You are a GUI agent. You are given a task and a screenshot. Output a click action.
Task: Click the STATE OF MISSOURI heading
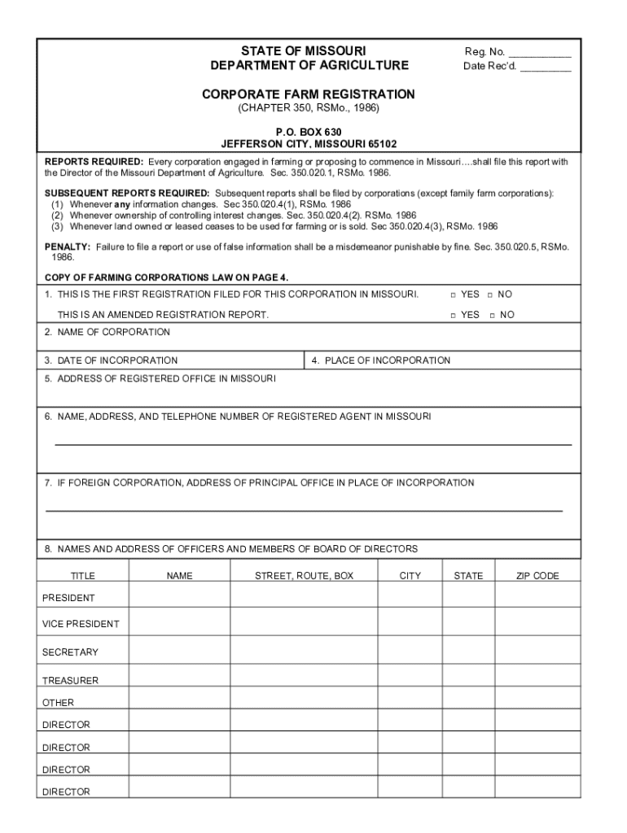(x=309, y=51)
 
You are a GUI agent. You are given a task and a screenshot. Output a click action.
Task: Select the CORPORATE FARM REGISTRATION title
(x=309, y=94)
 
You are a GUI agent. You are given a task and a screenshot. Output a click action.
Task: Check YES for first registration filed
(x=454, y=294)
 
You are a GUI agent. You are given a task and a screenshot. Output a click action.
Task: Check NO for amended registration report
(x=492, y=315)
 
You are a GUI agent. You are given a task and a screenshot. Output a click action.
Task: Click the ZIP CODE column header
(x=537, y=576)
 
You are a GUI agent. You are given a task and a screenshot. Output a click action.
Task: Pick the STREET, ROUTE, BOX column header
(x=304, y=576)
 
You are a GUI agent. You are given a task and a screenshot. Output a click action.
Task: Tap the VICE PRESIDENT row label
(x=81, y=624)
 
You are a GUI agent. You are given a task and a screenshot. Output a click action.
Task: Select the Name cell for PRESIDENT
(x=179, y=598)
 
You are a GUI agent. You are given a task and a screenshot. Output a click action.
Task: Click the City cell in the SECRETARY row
(x=410, y=652)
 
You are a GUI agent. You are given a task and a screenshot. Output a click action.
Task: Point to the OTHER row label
(x=58, y=703)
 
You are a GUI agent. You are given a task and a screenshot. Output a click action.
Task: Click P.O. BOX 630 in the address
(x=309, y=132)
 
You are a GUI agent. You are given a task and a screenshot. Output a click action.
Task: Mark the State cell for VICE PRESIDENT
(x=468, y=624)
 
